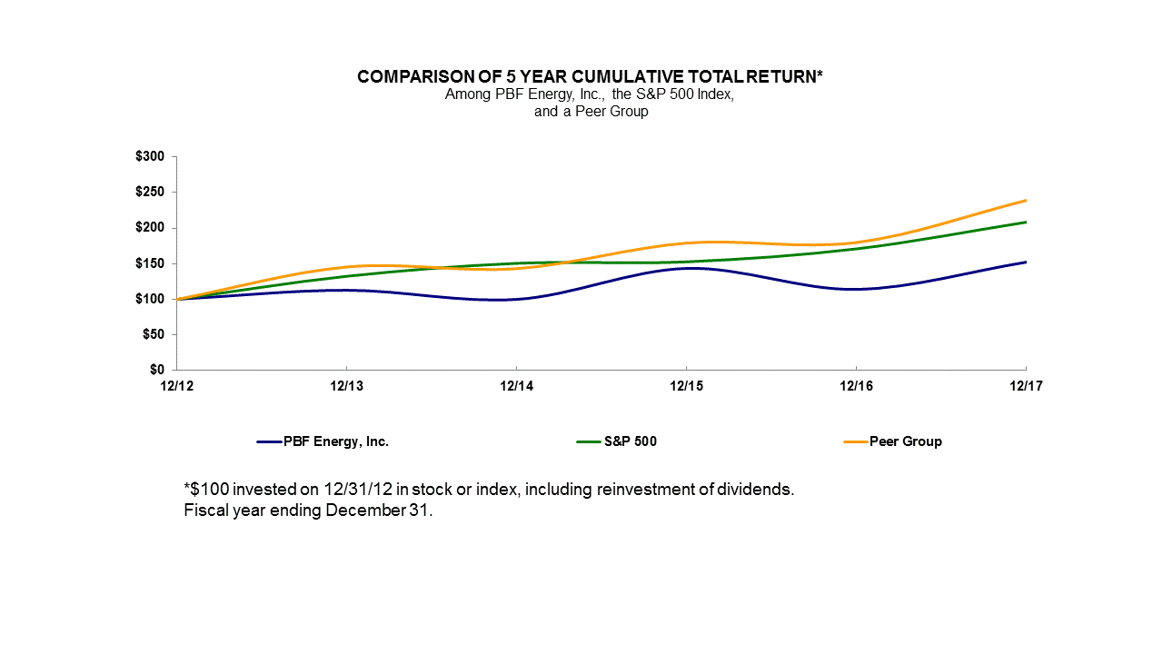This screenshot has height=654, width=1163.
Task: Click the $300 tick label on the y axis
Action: coord(150,157)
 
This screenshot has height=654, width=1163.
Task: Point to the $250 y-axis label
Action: coord(150,193)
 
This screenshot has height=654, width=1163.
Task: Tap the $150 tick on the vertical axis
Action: coord(150,263)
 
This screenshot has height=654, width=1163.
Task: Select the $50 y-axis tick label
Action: coord(153,335)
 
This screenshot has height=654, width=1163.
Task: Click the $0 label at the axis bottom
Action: coord(156,371)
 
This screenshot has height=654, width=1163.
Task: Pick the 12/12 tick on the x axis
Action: coord(176,385)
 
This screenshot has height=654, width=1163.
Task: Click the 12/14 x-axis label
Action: coord(516,385)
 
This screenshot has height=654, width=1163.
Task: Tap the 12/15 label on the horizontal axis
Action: coord(686,385)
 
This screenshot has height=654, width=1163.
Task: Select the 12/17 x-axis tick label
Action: coord(1026,385)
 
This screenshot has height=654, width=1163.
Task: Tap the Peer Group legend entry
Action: coord(905,442)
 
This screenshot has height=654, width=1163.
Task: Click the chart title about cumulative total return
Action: coord(591,77)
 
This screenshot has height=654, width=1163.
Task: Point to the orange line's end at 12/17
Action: coord(1026,200)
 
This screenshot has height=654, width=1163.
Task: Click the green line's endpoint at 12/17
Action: coord(1026,222)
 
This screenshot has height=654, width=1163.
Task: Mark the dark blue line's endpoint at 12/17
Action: coord(1026,262)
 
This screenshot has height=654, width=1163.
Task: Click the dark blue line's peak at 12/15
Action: coord(686,268)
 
